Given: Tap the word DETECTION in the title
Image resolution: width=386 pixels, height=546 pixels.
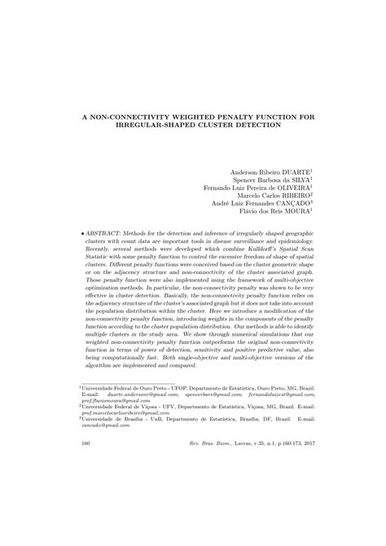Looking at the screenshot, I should [258, 126].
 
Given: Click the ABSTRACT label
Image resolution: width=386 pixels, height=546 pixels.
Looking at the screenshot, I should [103, 232].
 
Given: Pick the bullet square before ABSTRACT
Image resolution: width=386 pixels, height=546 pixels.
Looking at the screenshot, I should [82, 232].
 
